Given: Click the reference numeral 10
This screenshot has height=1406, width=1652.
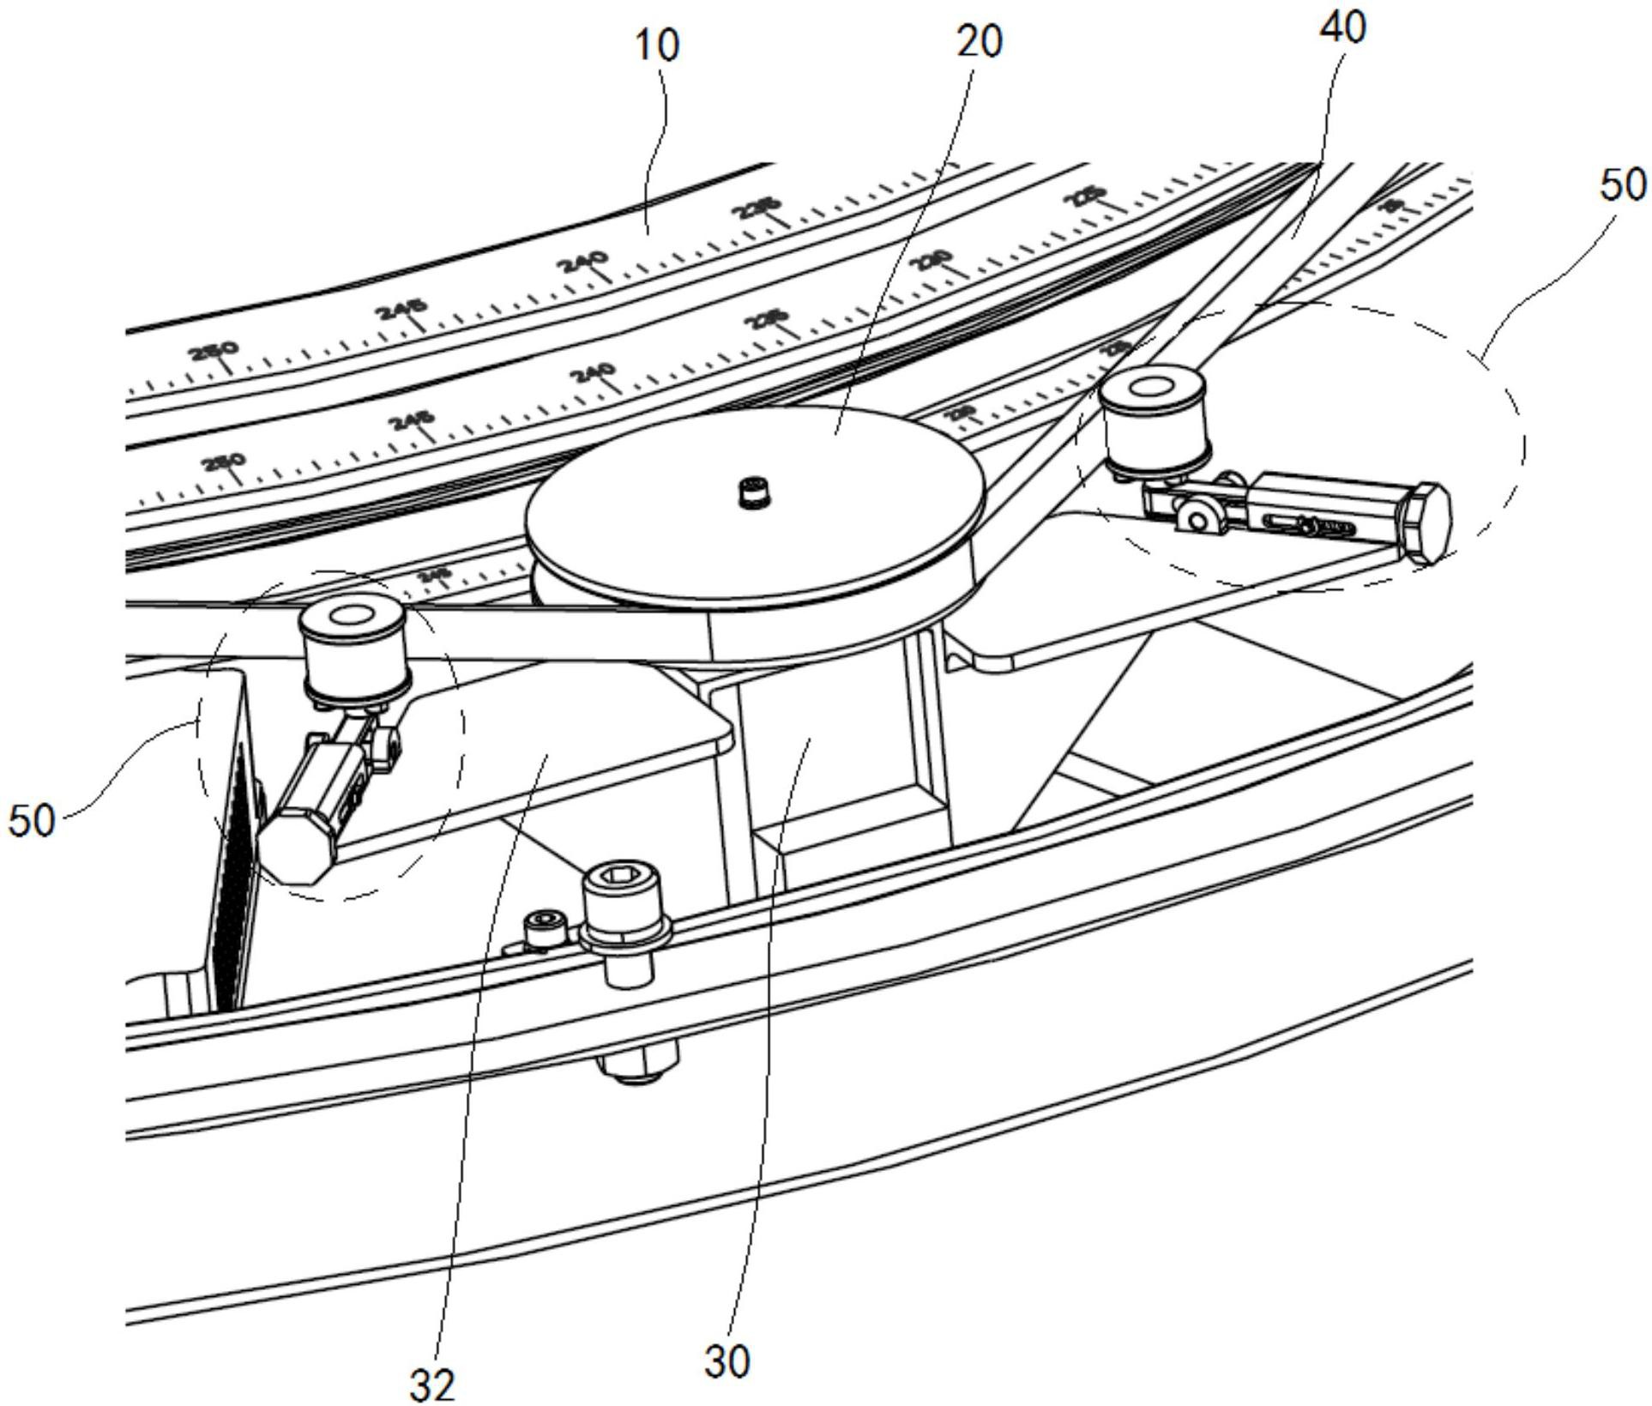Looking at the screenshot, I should (657, 45).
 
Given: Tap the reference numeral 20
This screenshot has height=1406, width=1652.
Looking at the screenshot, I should (979, 40).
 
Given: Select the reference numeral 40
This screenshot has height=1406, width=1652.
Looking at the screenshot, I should (1343, 27).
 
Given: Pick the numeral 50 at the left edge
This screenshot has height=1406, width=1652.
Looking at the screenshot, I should (32, 820).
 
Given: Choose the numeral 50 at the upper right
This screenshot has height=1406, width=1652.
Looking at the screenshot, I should (1623, 185).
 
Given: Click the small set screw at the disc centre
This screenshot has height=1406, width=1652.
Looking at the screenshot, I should (752, 493).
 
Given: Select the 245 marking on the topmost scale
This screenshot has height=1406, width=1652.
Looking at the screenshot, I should (403, 310).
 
